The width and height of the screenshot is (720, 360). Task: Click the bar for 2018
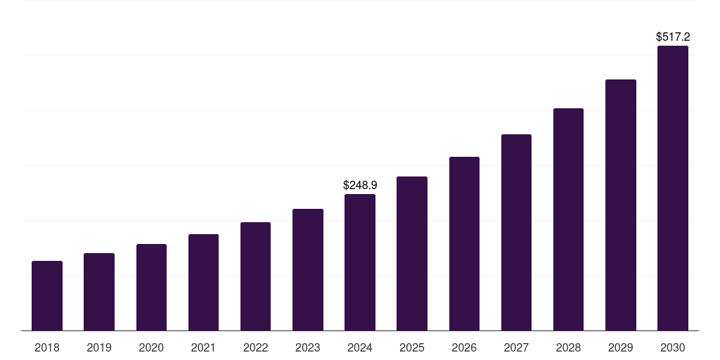[47, 295]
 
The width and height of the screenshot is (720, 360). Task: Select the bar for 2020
[151, 287]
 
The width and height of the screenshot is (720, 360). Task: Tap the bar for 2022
[255, 276]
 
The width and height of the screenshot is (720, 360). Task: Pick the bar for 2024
[360, 262]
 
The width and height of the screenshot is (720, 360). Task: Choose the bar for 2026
[464, 243]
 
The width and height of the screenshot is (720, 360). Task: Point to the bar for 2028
[568, 219]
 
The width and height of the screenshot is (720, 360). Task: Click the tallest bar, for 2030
[673, 188]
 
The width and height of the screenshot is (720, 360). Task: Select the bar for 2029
[621, 205]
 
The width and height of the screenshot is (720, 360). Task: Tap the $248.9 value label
[360, 185]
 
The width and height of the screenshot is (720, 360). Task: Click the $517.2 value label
[673, 37]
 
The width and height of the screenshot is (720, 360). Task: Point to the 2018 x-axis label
[47, 347]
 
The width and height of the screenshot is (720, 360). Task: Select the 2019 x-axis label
[99, 347]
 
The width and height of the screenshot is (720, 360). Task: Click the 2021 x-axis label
[203, 347]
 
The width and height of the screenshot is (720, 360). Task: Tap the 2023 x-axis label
[308, 347]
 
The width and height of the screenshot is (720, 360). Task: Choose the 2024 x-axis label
[360, 347]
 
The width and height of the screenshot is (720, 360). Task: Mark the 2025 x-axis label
[412, 347]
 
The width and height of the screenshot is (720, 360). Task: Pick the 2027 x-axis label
[516, 347]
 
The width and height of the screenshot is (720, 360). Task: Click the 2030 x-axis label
[673, 347]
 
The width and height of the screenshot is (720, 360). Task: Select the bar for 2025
[412, 253]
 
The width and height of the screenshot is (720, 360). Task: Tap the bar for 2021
[203, 282]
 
